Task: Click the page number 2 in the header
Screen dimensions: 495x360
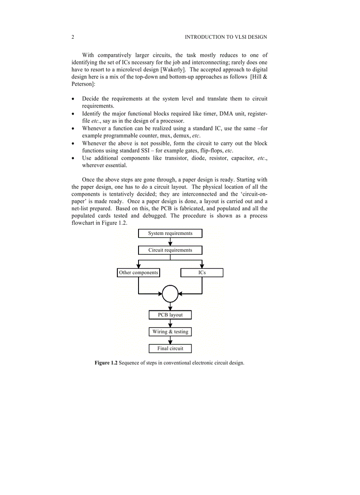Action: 73,37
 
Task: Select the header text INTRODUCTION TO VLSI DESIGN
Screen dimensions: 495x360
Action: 225,37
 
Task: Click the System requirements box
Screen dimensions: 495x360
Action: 170,233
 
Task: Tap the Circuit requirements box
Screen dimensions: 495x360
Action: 170,250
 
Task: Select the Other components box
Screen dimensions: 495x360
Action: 139,273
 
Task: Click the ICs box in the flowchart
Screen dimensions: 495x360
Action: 202,273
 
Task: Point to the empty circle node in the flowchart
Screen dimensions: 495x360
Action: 170,293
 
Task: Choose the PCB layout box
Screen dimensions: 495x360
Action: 170,315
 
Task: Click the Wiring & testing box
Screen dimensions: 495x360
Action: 170,331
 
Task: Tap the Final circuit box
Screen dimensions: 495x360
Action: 170,348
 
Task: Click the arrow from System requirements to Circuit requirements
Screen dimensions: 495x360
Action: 170,242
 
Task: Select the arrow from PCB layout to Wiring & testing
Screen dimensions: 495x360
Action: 170,323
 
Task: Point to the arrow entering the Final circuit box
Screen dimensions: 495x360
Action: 170,340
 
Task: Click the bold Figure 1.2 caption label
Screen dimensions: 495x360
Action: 106,363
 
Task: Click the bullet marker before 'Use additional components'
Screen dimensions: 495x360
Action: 73,158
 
